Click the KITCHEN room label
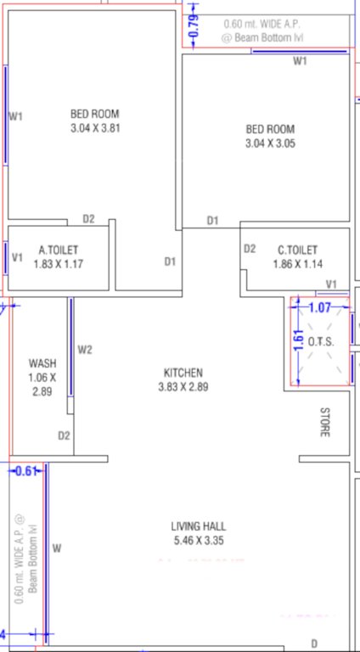183,373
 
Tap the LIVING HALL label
198,527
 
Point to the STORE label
323,422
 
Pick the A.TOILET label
59,250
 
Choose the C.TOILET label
297,250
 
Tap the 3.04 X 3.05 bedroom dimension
270,143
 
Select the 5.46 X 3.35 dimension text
198,541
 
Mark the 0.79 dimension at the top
193,24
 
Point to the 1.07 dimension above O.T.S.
319,307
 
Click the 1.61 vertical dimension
298,340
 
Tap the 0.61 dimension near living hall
25,472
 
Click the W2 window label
84,349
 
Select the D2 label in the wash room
64,436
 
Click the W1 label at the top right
300,61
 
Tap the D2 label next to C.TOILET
250,249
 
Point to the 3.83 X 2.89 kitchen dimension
183,386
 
